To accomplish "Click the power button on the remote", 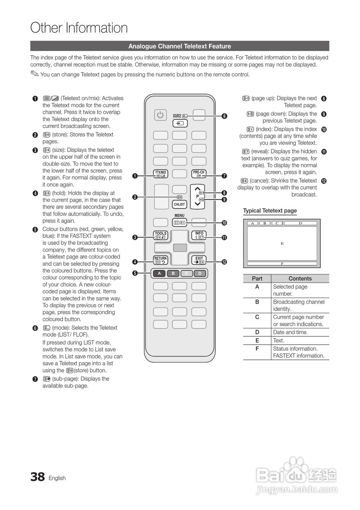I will click(x=160, y=115).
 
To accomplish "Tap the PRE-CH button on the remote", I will click(x=199, y=174).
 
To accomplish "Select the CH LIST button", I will click(x=180, y=204).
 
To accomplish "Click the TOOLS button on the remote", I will click(x=160, y=235).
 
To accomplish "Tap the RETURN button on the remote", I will click(x=160, y=260).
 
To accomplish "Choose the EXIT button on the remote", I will click(x=199, y=260).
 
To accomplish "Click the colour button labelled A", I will click(x=160, y=273).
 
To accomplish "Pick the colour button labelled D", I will click(x=200, y=273).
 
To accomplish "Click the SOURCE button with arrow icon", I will click(x=180, y=124).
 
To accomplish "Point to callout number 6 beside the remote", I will click(x=225, y=116).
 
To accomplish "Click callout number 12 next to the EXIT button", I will click(x=225, y=262).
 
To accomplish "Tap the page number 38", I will click(x=37, y=477).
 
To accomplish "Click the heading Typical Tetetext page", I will click(x=270, y=211).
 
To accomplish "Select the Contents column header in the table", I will click(x=300, y=279).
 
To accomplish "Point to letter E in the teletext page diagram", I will click(x=282, y=243).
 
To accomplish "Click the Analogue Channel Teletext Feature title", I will click(x=180, y=46).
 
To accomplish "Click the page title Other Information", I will click(x=79, y=28).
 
